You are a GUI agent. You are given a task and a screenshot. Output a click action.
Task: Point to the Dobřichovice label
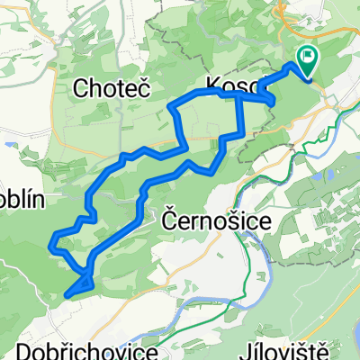(x=79, y=348)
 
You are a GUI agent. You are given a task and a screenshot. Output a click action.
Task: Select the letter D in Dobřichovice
(x=22, y=348)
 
